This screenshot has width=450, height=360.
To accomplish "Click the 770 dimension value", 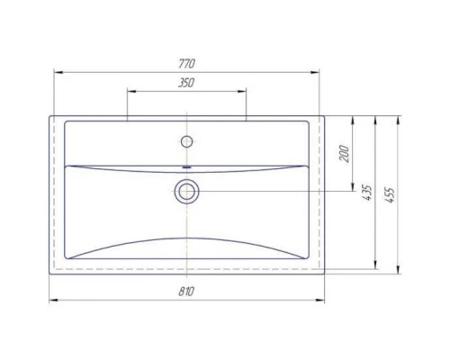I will point(187,63).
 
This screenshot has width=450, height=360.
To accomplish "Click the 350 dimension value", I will point(187,83).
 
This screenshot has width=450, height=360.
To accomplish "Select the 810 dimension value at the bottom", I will point(187,292).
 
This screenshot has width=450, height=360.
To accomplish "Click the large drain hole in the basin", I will point(187,190).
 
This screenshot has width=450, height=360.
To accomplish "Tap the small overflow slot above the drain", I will point(187,168).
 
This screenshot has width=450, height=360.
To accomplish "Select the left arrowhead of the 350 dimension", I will point(130,91).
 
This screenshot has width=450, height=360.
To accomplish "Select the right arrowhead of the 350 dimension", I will point(243,91).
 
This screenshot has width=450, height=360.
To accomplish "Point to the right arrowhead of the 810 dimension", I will point(323,301).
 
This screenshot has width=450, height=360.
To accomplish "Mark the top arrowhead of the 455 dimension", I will point(400,118).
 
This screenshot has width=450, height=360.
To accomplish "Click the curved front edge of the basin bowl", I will point(187,236).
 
